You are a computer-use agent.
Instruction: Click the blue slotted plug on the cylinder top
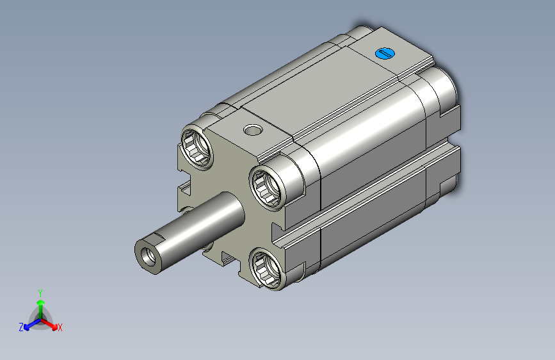coord(385,54)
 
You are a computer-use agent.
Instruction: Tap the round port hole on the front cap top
coord(253,130)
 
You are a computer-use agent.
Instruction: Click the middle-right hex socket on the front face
coord(267,189)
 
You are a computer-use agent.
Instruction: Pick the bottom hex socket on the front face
coord(267,268)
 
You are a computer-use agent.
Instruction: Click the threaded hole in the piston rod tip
coord(148,256)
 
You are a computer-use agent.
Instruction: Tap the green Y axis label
coord(40,293)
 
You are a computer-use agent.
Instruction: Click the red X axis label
coord(60,328)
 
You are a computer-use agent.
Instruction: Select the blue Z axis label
coord(21,327)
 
